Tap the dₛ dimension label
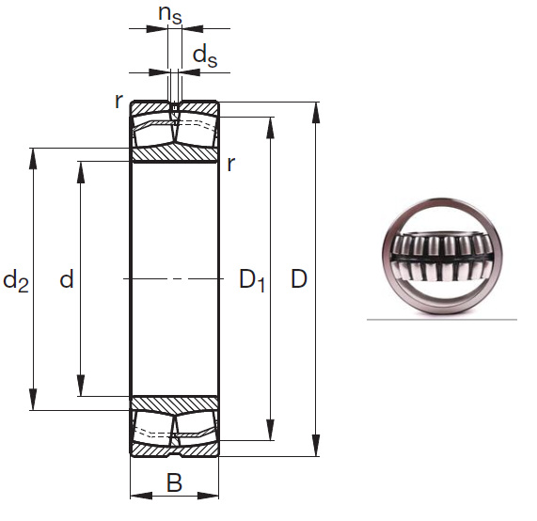[x=204, y=56]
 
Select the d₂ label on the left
[x=16, y=279]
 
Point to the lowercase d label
[x=66, y=279]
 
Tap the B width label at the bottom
[x=174, y=483]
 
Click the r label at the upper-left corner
[x=118, y=101]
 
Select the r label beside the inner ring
[x=230, y=164]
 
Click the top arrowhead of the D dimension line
[x=316, y=109]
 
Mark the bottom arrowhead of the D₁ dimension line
[x=272, y=434]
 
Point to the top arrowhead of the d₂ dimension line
[x=35, y=155]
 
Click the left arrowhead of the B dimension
[x=135, y=494]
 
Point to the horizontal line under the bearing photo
[x=441, y=320]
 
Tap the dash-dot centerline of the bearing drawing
[x=174, y=279]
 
